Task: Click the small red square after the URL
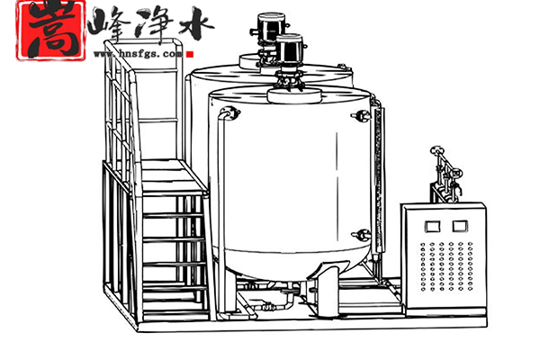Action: (x=191, y=52)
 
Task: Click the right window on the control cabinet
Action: (x=460, y=225)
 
